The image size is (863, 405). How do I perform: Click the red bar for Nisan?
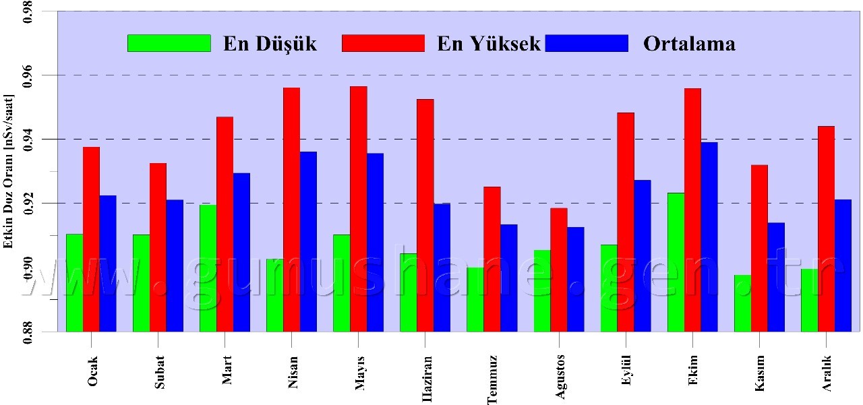click(x=291, y=209)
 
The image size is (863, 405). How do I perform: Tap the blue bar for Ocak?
click(x=108, y=263)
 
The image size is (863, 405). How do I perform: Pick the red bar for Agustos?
click(x=558, y=270)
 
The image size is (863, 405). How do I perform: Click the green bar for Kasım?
click(x=742, y=303)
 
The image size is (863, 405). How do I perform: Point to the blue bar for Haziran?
click(x=442, y=267)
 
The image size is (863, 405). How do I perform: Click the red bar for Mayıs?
click(x=358, y=209)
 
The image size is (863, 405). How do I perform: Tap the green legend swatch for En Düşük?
click(x=169, y=43)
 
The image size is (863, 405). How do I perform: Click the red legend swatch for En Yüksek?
click(x=383, y=43)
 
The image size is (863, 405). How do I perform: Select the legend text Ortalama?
click(x=688, y=44)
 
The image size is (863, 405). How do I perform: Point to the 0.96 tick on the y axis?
click(x=57, y=75)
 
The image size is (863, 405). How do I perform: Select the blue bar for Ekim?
click(x=709, y=237)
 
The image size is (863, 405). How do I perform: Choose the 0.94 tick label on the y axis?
click(x=28, y=139)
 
